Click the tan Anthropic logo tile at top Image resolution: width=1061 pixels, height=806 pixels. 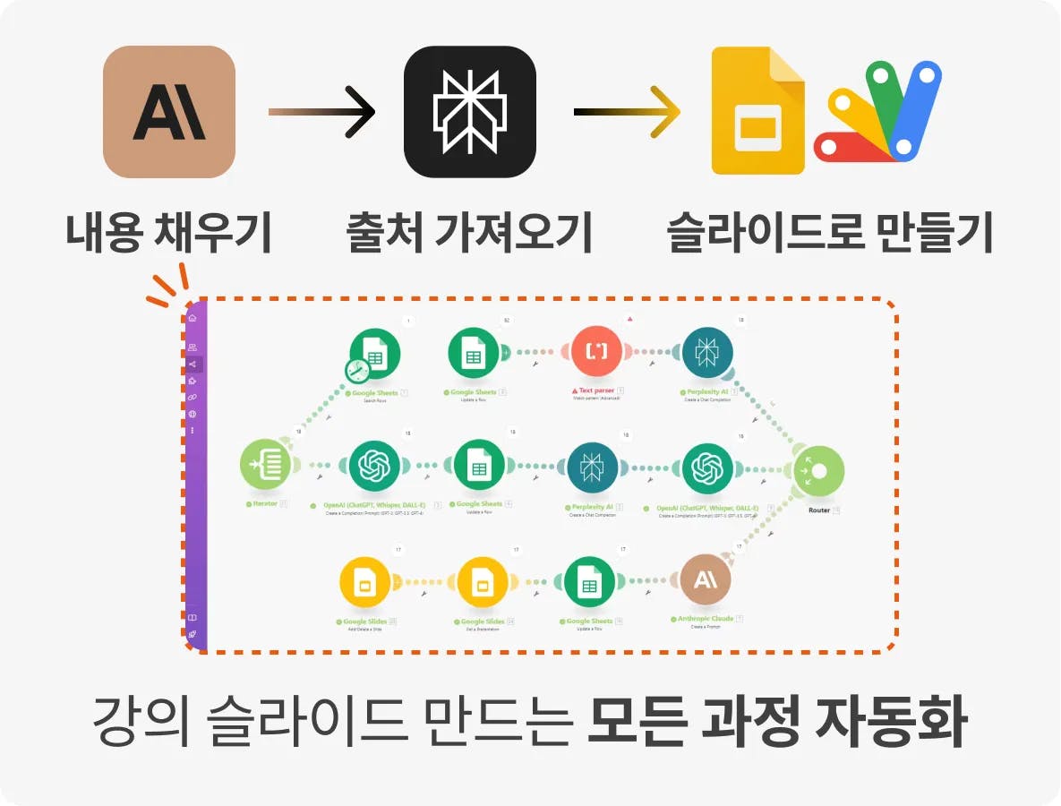pyautogui.click(x=169, y=112)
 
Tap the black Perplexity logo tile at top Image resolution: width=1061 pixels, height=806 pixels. pyautogui.click(x=470, y=112)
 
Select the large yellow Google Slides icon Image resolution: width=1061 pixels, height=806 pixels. pyautogui.click(x=757, y=112)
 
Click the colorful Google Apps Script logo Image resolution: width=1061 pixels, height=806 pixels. pyautogui.click(x=877, y=112)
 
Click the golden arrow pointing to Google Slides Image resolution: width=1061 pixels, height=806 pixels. pyautogui.click(x=627, y=112)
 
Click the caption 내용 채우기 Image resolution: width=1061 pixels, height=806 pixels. pyautogui.click(x=168, y=232)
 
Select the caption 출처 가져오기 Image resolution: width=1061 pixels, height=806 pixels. pyautogui.click(x=470, y=232)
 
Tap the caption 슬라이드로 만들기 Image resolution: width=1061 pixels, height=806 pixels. pyautogui.click(x=830, y=232)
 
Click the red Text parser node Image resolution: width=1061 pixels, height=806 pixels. pyautogui.click(x=597, y=353)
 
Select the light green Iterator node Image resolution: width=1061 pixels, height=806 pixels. pyautogui.click(x=267, y=466)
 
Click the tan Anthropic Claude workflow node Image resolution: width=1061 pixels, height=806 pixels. pyautogui.click(x=706, y=580)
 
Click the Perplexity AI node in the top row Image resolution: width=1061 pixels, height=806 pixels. pyautogui.click(x=707, y=353)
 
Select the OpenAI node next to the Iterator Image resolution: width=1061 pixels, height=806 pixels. pyautogui.click(x=375, y=466)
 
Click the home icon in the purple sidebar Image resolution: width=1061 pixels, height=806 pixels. pyautogui.click(x=192, y=317)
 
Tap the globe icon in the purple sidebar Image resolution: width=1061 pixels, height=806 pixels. pyautogui.click(x=192, y=414)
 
